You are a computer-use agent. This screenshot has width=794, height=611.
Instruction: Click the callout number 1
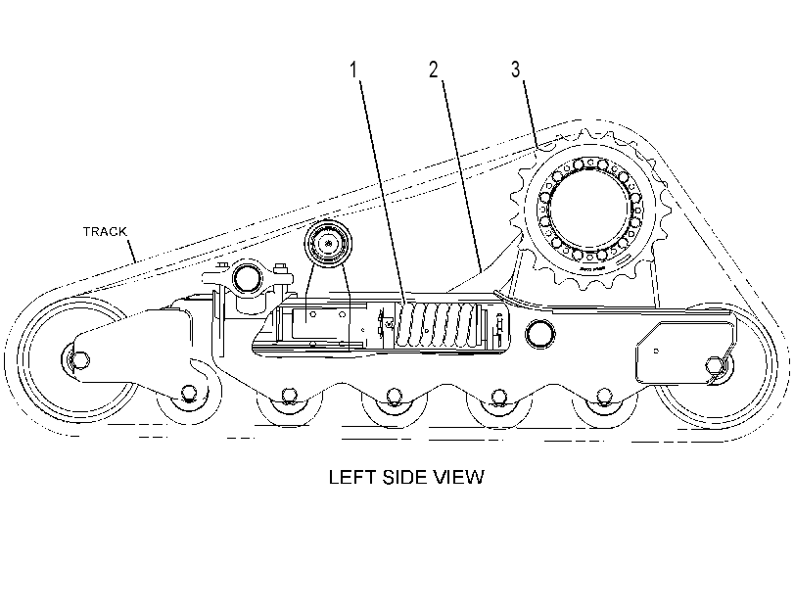tap(354, 70)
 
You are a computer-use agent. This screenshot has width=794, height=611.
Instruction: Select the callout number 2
tap(434, 70)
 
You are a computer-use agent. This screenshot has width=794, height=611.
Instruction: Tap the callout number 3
tap(516, 70)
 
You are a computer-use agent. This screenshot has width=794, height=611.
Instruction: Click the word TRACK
tap(105, 231)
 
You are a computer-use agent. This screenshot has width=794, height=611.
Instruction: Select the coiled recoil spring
tap(436, 325)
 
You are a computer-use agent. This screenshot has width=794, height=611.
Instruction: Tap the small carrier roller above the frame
tap(328, 243)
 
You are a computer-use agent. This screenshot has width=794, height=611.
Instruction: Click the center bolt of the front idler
tap(79, 359)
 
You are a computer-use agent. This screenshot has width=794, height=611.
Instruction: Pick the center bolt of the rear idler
tap(714, 364)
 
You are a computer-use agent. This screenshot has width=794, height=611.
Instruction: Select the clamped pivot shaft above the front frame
tap(247, 276)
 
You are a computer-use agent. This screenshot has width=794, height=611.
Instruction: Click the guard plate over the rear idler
tap(683, 352)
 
